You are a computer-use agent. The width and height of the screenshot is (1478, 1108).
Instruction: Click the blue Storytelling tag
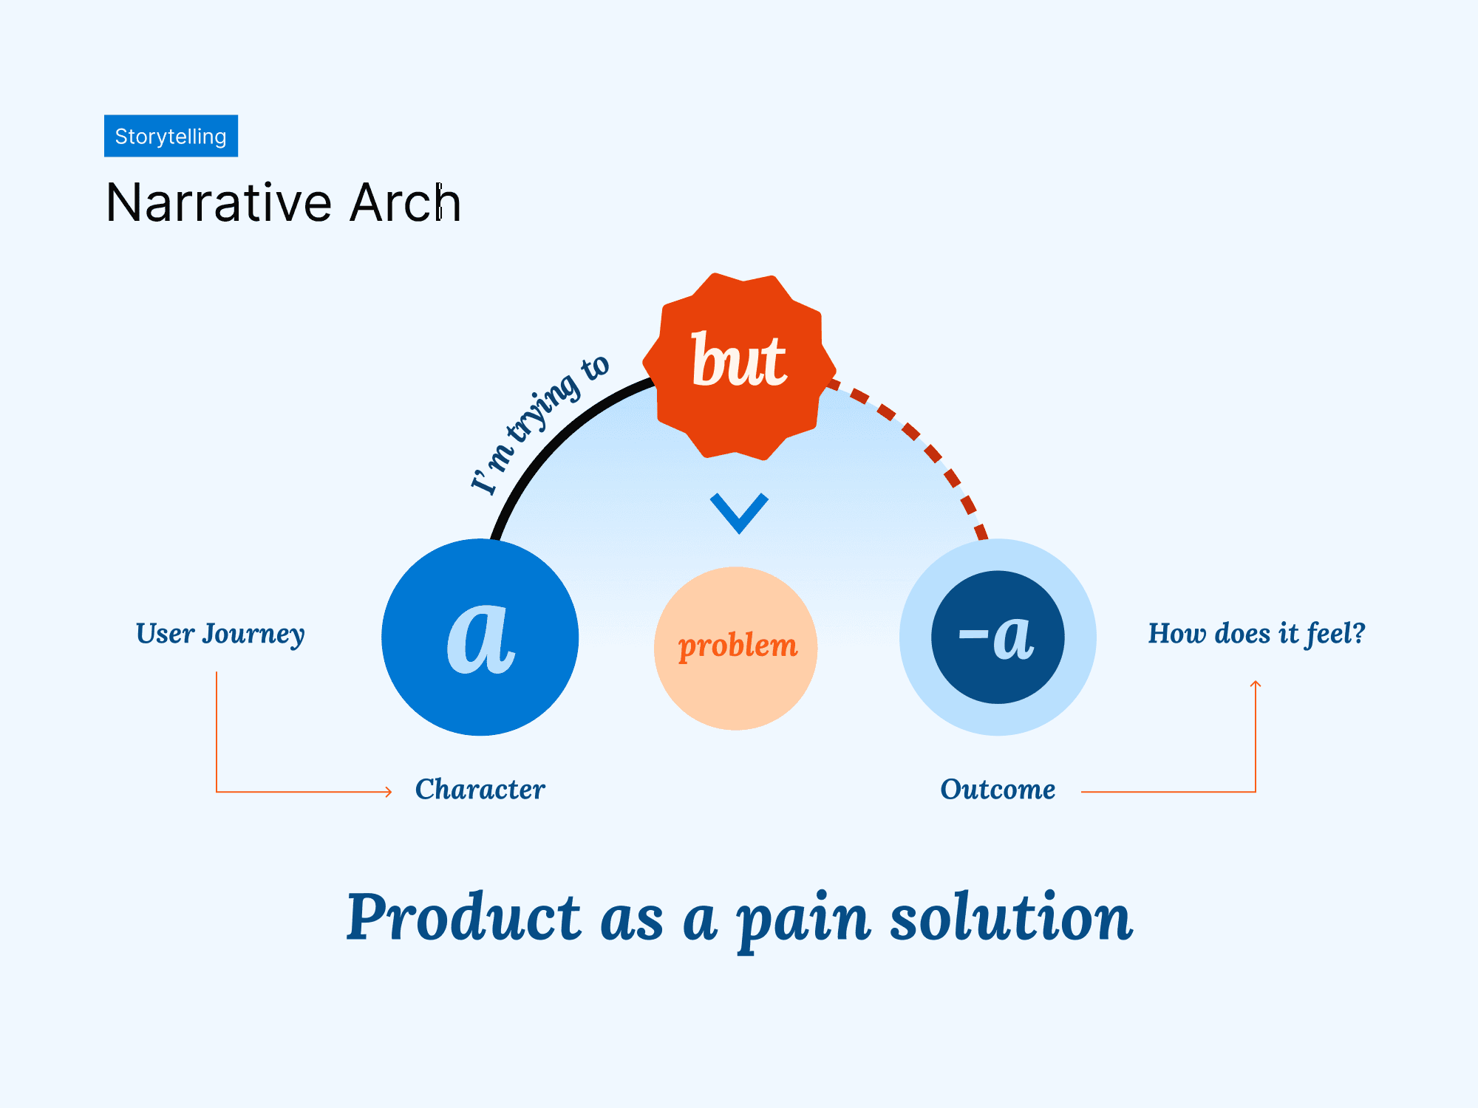click(171, 136)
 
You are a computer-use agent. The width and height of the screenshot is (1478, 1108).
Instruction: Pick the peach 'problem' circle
click(736, 648)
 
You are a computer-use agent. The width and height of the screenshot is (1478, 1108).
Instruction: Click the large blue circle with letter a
click(480, 637)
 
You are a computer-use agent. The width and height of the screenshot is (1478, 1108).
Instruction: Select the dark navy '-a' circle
click(998, 637)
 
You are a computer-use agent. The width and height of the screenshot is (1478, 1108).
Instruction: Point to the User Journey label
click(220, 634)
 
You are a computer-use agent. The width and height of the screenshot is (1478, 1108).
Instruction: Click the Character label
click(480, 790)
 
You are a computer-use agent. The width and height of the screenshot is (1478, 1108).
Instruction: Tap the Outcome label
click(998, 790)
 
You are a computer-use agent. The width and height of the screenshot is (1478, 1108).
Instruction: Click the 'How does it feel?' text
click(1256, 634)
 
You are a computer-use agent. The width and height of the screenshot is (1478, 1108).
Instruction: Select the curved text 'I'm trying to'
click(539, 425)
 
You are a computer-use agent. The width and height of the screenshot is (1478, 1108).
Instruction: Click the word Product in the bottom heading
click(464, 917)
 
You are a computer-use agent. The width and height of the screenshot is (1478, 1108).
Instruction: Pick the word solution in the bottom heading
click(1011, 917)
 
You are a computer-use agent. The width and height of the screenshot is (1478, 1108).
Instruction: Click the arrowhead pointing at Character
click(388, 792)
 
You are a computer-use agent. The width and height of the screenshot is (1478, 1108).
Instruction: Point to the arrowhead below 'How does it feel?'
click(1256, 685)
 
